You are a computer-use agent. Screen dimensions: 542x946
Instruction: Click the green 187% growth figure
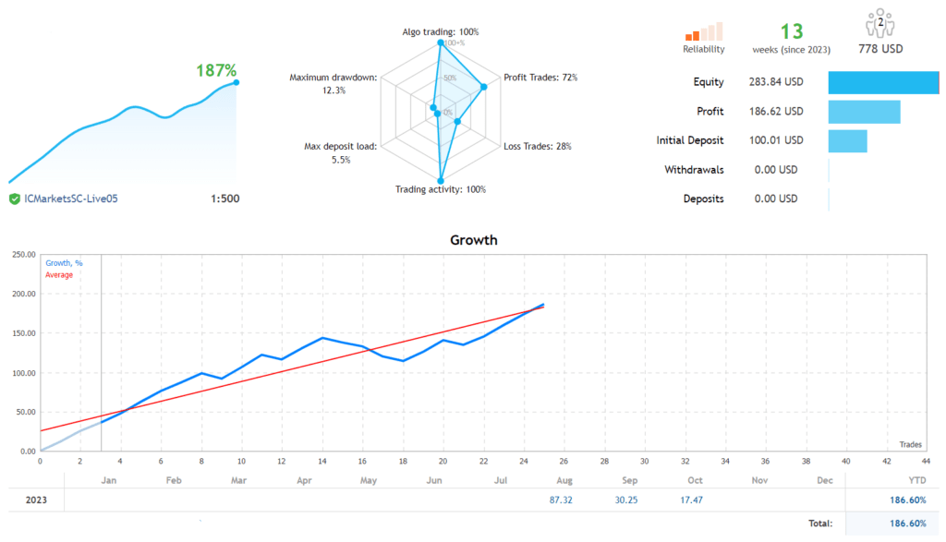coord(216,70)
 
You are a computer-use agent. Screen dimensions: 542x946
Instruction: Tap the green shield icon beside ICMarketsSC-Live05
coord(15,199)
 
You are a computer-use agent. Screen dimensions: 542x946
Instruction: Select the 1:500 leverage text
coord(224,199)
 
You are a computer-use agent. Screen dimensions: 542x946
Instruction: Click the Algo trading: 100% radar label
coord(440,32)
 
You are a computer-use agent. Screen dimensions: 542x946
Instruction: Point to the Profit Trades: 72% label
coord(540,78)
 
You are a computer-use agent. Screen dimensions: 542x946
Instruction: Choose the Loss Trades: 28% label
coord(538,146)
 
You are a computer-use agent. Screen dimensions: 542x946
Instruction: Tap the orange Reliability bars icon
coord(704,31)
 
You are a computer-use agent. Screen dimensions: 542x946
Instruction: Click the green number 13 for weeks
coord(792,32)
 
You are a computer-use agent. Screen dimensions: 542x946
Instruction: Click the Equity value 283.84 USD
coord(775,82)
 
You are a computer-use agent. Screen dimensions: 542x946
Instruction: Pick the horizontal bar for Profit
coord(864,112)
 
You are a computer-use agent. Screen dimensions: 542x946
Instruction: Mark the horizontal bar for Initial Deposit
coord(847,141)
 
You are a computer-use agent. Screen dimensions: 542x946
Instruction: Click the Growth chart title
coord(473,240)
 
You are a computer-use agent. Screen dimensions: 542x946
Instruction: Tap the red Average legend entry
coord(59,275)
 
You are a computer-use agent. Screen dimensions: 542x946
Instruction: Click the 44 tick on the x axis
coord(927,461)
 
